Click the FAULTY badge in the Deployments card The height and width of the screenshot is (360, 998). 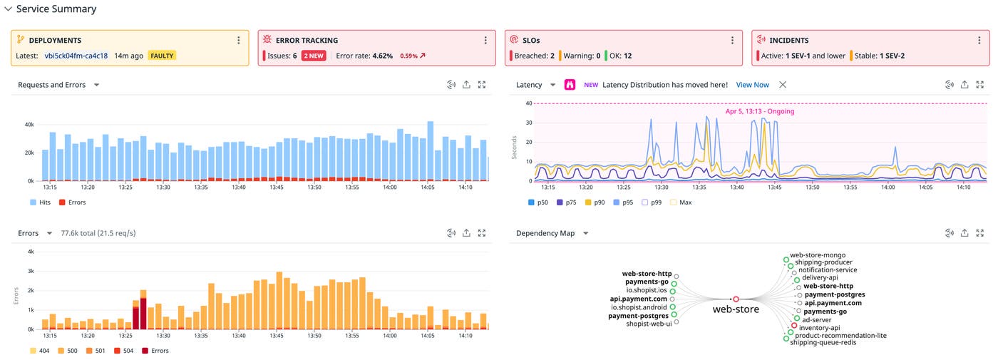[x=162, y=56]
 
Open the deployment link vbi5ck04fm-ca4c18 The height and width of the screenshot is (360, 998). [x=76, y=56]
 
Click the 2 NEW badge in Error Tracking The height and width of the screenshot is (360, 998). [x=314, y=56]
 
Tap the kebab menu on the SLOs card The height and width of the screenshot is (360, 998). [x=731, y=41]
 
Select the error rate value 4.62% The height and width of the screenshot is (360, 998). [x=382, y=56]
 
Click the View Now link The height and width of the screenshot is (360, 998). [x=752, y=85]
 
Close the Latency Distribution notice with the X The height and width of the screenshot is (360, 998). [x=782, y=85]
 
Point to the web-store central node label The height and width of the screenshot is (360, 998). [x=736, y=310]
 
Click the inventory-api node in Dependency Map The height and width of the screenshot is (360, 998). [x=819, y=328]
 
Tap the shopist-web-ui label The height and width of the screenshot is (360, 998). [x=648, y=324]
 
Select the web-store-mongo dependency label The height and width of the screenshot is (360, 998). [x=818, y=254]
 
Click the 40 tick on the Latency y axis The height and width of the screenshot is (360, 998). [x=528, y=103]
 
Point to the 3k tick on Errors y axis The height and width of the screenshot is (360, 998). [x=30, y=272]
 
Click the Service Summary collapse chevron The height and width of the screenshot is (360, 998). [x=8, y=9]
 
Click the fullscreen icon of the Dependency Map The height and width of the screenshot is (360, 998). [x=980, y=233]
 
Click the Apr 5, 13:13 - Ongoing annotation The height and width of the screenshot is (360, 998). [x=759, y=111]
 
